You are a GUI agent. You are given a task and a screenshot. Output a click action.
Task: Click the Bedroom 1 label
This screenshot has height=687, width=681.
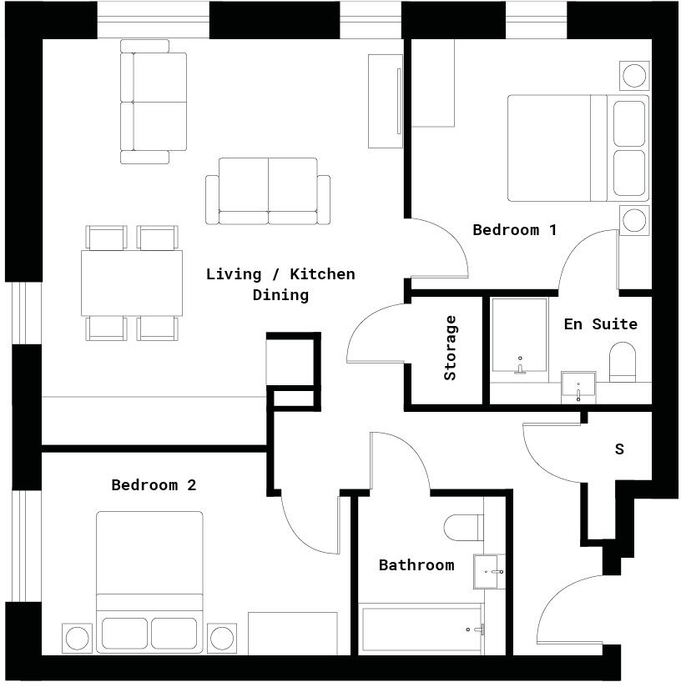pos(514,230)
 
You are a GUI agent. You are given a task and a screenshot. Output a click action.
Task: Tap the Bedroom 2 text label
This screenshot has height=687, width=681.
pos(154,485)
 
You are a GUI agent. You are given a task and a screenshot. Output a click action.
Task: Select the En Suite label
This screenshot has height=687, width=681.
pos(600,324)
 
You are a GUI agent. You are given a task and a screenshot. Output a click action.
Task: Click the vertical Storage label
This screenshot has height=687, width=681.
pos(451,348)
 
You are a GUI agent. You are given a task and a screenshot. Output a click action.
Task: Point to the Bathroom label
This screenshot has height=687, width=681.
pos(416,565)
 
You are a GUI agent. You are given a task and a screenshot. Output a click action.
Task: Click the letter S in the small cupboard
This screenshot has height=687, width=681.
pos(619,449)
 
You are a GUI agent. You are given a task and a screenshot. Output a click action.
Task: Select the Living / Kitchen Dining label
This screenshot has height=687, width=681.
pos(280,284)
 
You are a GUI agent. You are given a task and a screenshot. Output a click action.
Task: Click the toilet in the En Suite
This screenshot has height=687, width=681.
pos(623,360)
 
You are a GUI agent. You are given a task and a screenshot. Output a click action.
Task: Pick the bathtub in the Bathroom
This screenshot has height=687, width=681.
pos(421,629)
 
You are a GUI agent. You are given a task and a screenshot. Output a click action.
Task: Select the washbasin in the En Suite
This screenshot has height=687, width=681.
pos(577,387)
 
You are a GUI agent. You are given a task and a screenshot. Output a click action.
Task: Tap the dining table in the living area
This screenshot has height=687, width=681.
pos(132,283)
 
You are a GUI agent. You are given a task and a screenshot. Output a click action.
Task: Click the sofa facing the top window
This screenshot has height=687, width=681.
pos(154,102)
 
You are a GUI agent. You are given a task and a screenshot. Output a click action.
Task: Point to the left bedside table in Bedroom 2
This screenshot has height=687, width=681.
pos(76,639)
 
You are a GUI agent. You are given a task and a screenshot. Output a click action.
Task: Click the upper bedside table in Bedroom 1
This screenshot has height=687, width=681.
pos(633,75)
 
